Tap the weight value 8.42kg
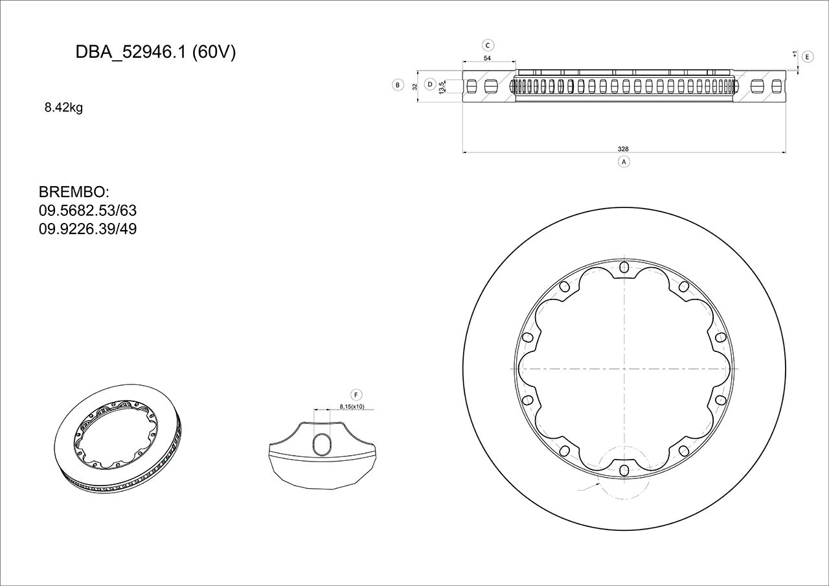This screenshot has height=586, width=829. pos(63,108)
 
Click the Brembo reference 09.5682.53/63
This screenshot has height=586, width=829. pos(87,211)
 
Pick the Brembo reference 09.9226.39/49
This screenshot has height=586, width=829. pos(87,229)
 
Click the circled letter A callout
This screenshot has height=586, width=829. pos(624,161)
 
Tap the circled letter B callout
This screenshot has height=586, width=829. pos(398,85)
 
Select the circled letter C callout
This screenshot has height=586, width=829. pos(488,45)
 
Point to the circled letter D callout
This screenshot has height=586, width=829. pos(429,84)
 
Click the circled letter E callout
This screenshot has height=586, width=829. pos(807,57)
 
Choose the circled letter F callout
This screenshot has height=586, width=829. pos(356,394)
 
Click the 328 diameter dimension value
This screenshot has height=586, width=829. pos(624,149)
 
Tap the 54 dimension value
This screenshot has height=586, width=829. pos(488,58)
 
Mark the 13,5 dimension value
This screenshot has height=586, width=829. pos(442,87)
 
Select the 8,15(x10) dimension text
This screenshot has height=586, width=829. pos(352,406)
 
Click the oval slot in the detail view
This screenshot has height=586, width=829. pos(323,444)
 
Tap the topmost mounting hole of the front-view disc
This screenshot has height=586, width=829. pos(624,267)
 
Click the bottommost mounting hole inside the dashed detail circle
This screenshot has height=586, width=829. pos(624,470)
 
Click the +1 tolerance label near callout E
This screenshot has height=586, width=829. pos(795,54)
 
